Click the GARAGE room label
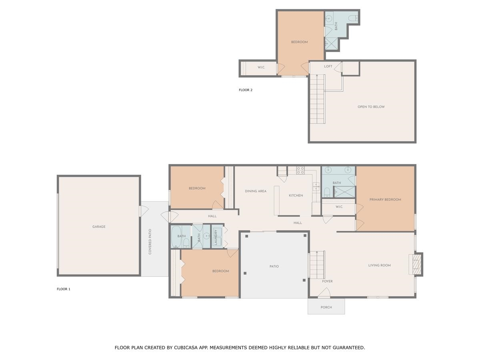[99, 227]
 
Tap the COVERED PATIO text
[150, 242]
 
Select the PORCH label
[326, 307]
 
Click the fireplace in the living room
[416, 265]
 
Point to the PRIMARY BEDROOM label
[385, 200]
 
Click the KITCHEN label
[296, 196]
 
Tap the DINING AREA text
[256, 191]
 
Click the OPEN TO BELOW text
[371, 107]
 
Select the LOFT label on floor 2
[328, 66]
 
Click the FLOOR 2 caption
[246, 90]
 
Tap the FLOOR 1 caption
[64, 289]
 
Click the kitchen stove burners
[300, 170]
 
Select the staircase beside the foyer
[317, 265]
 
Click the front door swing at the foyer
[324, 294]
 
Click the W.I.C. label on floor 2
[261, 68]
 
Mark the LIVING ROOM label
[379, 265]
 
